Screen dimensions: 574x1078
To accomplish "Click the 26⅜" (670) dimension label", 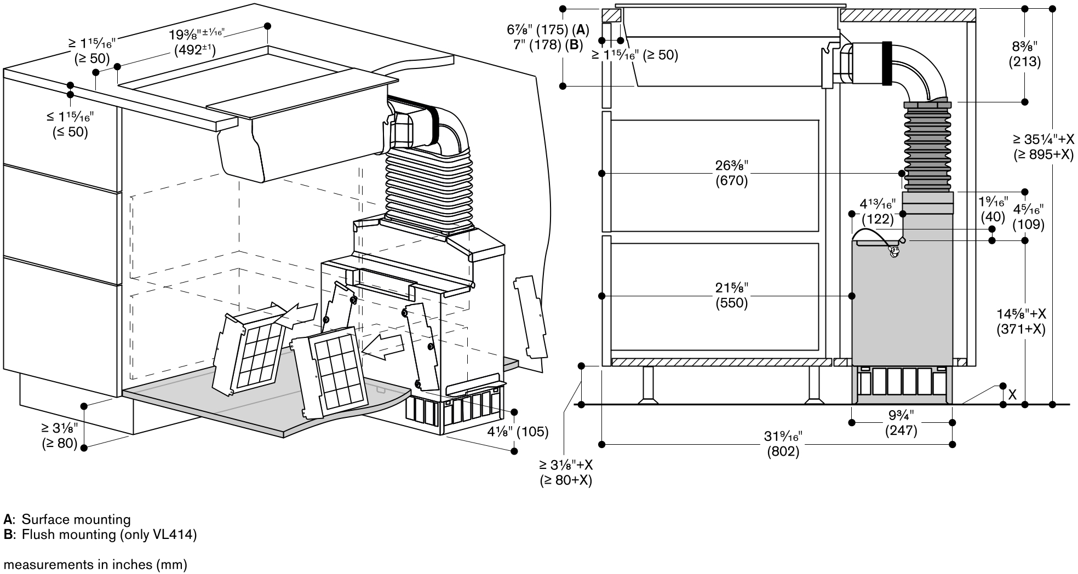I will [x=731, y=173].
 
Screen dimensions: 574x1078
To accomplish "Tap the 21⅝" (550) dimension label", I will [x=731, y=295].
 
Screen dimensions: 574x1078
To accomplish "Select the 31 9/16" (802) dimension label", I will [x=783, y=444].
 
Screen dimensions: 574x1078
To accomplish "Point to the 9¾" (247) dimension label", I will [x=901, y=422].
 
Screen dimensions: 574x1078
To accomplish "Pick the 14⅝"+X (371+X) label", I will [x=1022, y=322].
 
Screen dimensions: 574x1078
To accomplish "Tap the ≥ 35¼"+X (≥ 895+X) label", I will [x=1043, y=147].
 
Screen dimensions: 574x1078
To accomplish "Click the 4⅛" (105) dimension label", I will [x=518, y=432].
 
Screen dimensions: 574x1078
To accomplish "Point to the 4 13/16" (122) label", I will [x=878, y=211].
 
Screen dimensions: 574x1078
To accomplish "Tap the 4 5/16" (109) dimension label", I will [x=1028, y=216].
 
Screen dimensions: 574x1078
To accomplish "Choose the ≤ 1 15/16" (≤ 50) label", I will [x=70, y=124].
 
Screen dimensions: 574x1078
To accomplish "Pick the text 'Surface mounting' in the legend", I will [x=76, y=519].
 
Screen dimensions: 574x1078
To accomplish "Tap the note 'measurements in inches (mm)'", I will [x=95, y=564].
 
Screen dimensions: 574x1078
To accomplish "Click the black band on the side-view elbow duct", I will [x=887, y=64].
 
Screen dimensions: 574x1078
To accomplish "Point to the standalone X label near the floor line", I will [x=1012, y=394].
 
